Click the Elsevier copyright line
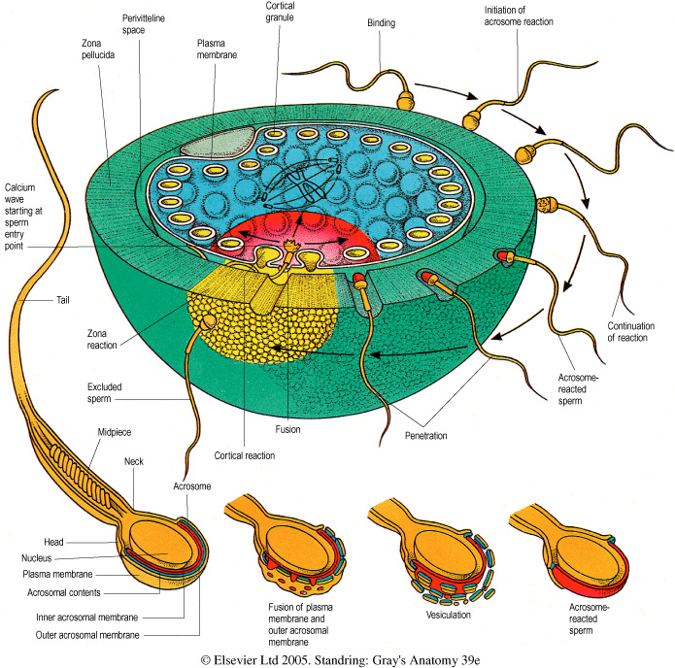coord(337,657)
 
